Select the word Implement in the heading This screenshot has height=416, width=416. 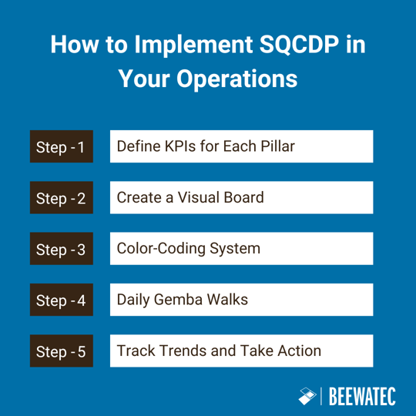(178, 45)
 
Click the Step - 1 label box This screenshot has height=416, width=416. (62, 147)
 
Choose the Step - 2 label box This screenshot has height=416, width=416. (62, 198)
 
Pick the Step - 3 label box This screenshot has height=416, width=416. (62, 249)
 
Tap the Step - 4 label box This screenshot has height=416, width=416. (62, 300)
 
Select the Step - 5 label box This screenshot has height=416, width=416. (62, 351)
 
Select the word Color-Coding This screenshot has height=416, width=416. (161, 249)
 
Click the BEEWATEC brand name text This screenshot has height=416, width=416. (362, 397)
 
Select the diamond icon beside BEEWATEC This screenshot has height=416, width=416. (307, 396)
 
